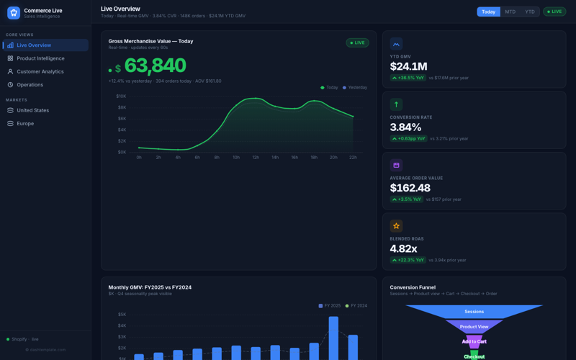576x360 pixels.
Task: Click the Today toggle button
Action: click(x=488, y=12)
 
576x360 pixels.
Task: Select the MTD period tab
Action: click(x=510, y=12)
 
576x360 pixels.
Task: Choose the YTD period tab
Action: click(x=530, y=12)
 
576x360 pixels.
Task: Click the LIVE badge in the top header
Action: click(x=554, y=12)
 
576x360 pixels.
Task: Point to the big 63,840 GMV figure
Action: click(x=155, y=66)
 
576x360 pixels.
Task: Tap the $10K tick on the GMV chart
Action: click(x=121, y=96)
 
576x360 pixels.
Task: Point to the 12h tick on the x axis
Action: click(x=256, y=157)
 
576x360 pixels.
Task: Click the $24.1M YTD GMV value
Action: click(x=410, y=67)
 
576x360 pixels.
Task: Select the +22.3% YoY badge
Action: click(x=408, y=260)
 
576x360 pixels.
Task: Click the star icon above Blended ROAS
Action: click(x=396, y=226)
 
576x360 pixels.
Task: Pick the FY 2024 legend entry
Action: click(x=358, y=306)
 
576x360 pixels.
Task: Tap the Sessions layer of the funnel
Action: click(x=474, y=312)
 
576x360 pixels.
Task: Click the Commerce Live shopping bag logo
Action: click(x=13, y=12)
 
